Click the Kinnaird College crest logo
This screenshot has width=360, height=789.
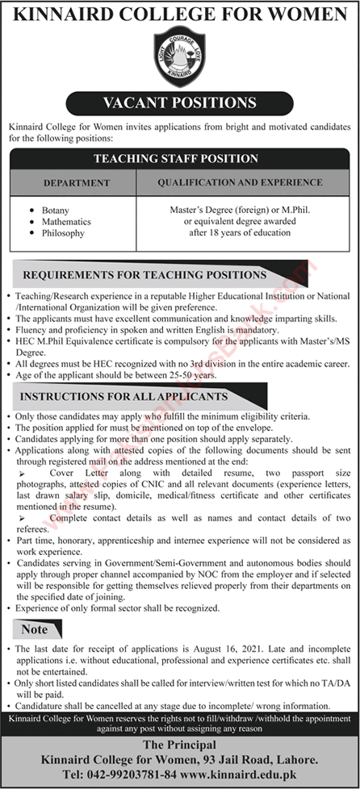point(180,58)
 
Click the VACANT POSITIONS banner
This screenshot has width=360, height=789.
point(180,102)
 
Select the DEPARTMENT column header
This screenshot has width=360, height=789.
point(76,182)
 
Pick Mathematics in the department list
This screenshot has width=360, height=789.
point(66,221)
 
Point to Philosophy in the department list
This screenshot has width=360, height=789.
point(63,233)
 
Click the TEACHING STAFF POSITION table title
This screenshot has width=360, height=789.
point(180,159)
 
